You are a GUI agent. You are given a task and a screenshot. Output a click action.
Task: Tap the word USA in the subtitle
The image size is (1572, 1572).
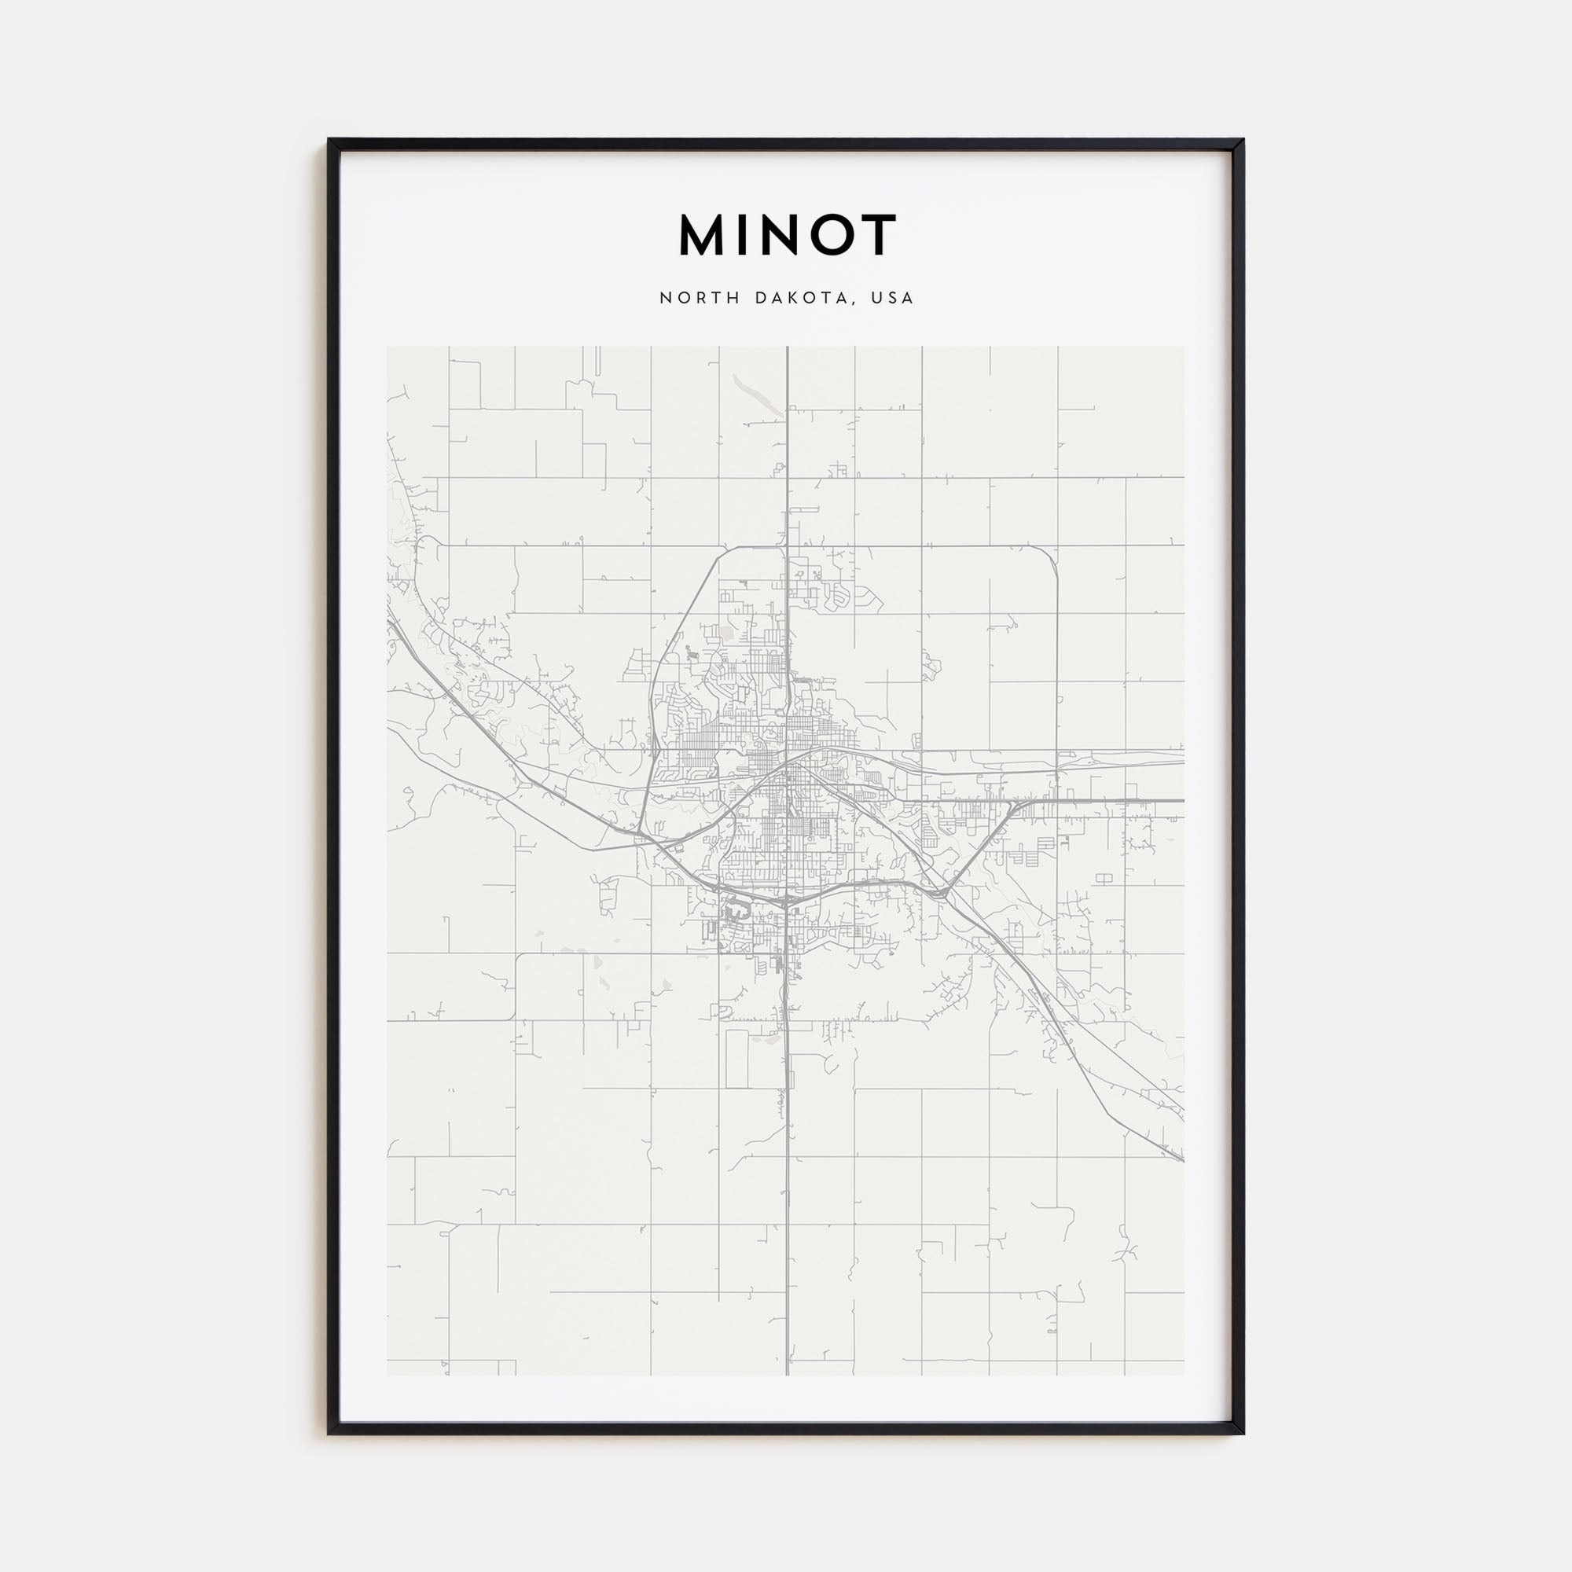tap(893, 298)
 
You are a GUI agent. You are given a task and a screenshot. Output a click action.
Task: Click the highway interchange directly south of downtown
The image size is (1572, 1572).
tap(786, 901)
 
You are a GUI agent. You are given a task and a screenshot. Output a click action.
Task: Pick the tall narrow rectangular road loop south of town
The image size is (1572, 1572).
tap(736, 1058)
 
